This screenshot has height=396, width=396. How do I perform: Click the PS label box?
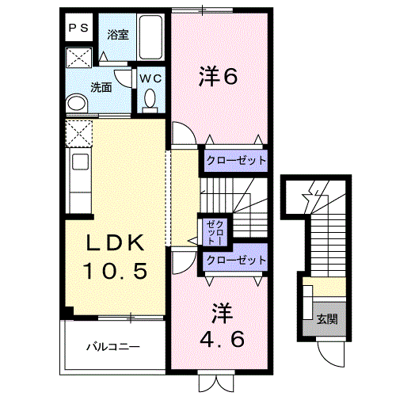[x=77, y=28]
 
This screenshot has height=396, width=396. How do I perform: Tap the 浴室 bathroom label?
[x=118, y=35]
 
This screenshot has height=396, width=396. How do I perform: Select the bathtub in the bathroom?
[x=150, y=38]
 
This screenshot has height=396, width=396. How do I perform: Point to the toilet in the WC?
[x=150, y=100]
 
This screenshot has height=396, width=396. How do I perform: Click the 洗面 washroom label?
[x=100, y=87]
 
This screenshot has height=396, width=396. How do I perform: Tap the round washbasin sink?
[x=77, y=103]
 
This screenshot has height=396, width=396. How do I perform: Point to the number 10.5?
[x=115, y=272]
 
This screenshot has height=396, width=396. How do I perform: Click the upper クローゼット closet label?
[x=235, y=161]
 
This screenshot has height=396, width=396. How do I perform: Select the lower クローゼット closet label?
[x=235, y=260]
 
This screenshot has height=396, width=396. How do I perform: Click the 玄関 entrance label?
[x=327, y=320]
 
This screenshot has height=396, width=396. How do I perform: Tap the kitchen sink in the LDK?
[x=81, y=163]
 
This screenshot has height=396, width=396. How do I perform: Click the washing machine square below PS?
[x=77, y=57]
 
